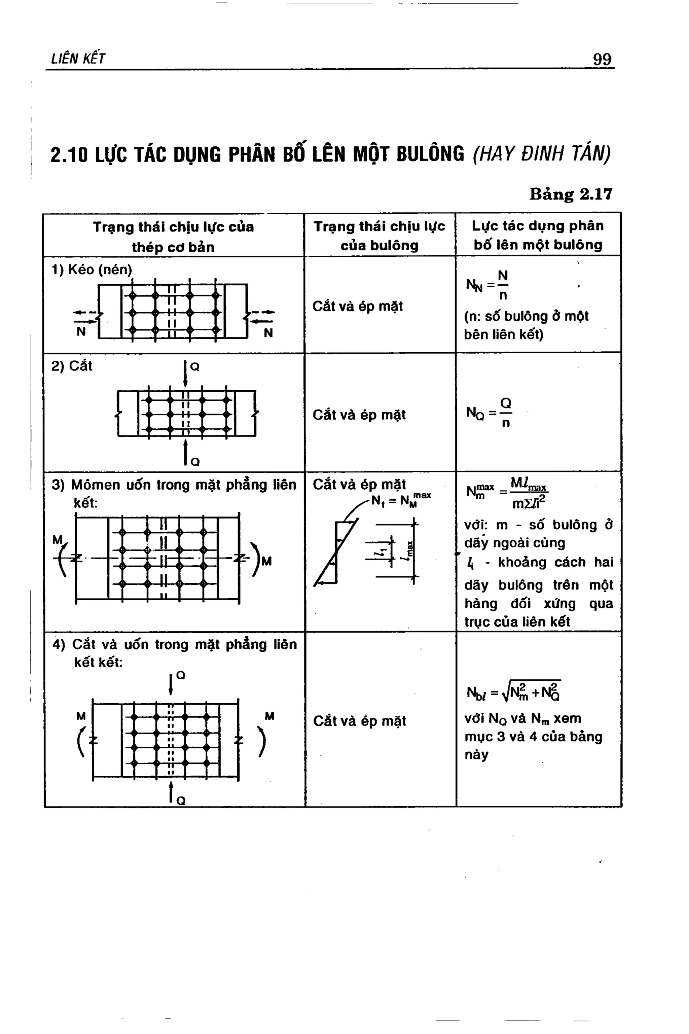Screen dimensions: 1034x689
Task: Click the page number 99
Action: [602, 59]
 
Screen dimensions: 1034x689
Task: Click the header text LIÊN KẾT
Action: [78, 59]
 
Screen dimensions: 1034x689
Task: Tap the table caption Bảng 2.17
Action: [570, 194]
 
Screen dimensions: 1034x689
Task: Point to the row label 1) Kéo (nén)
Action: [92, 270]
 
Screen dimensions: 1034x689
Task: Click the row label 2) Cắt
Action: [72, 366]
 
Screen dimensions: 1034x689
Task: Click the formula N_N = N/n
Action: [488, 286]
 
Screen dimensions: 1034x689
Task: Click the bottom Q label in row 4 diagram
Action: [181, 801]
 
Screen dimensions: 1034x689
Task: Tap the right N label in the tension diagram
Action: [268, 333]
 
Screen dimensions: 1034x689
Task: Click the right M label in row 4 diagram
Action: [269, 716]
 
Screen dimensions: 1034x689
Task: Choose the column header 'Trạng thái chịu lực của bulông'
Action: [379, 236]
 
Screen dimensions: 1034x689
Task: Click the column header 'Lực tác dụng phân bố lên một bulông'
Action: [538, 235]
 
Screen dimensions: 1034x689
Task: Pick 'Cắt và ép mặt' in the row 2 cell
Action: [359, 415]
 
